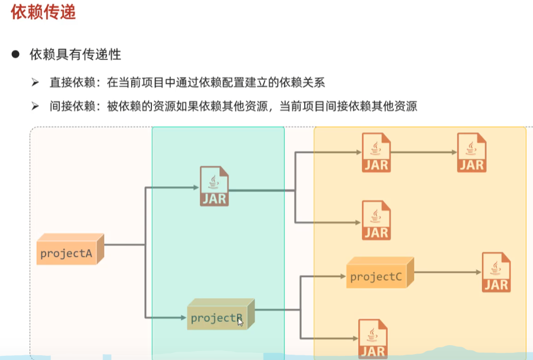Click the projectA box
pos(70,252)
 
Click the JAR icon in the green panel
pos(214,186)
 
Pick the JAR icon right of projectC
pos(496,272)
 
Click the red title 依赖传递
pos(44,12)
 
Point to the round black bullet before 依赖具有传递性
pos(16,54)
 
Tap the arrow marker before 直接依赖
pos(36,82)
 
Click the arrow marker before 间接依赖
pos(36,106)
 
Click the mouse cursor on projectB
pos(240,321)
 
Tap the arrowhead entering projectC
pos(342,276)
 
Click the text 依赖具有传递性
pos(75,54)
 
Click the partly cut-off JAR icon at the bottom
pos(373,339)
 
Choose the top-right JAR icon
pos(471,152)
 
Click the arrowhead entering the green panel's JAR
pos(195,187)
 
